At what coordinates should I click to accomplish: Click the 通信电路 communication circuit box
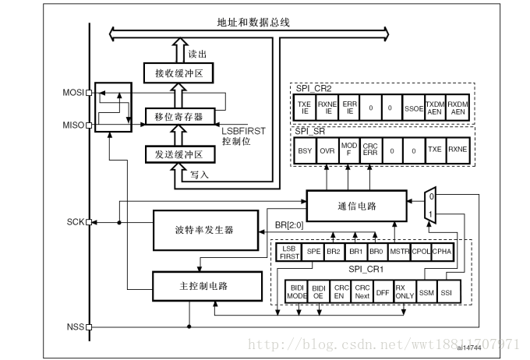(356, 206)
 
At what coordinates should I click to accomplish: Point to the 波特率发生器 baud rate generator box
(203, 231)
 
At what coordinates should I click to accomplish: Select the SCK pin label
(75, 221)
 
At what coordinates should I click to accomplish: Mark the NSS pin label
(75, 327)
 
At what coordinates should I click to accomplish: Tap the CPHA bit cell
(441, 252)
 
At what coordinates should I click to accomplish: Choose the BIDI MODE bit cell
(297, 291)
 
